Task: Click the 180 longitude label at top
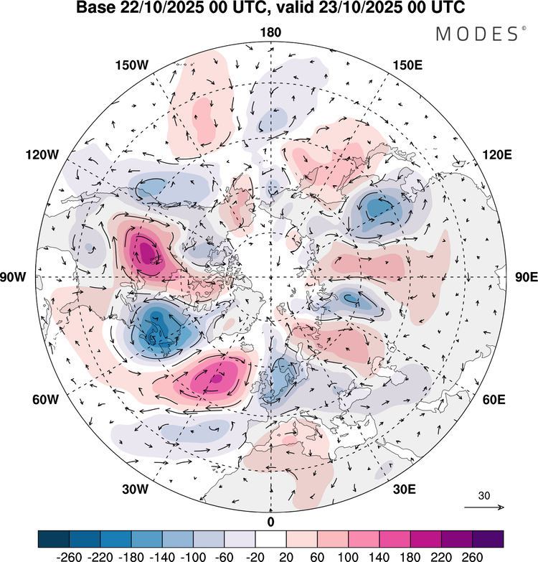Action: [x=270, y=32]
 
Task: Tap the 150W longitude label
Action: [x=132, y=65]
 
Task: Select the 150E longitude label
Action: [x=408, y=65]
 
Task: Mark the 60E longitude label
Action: [x=495, y=399]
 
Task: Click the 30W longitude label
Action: [x=134, y=490]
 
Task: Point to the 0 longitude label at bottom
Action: [x=270, y=521]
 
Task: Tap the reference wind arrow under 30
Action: [x=486, y=507]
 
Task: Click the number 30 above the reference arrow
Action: [x=485, y=496]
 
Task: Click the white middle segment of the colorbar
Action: [x=270, y=539]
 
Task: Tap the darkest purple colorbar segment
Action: [x=488, y=539]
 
